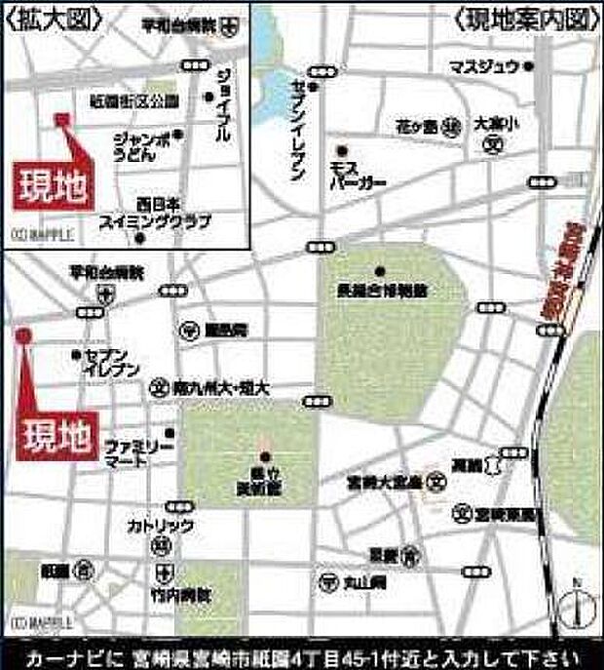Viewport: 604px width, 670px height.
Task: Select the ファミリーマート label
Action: (139, 451)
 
